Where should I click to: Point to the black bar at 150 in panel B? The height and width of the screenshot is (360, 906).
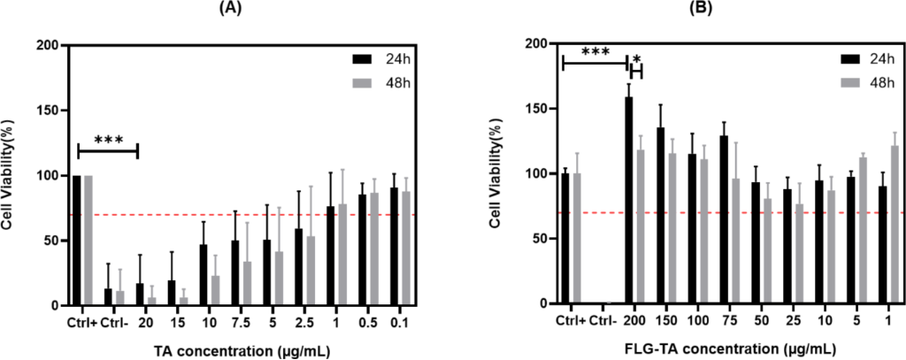(660, 216)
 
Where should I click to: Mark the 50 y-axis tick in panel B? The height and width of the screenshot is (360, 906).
(536, 239)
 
